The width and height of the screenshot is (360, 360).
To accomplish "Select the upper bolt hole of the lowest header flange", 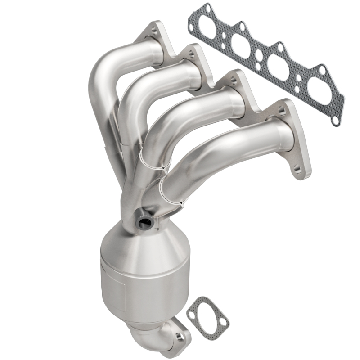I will [x=282, y=109].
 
